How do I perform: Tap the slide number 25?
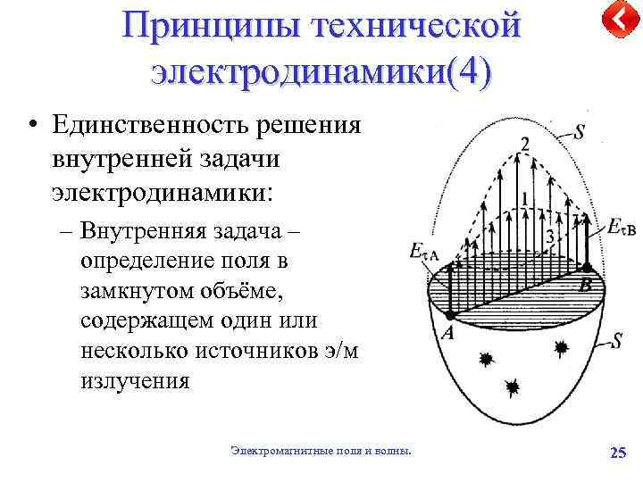point(617,453)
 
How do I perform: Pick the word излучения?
point(135,381)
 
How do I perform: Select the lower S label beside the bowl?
point(616,340)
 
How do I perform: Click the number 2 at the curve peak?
point(524,145)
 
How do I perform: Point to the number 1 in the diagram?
point(524,195)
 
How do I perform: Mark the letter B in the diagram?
point(586,286)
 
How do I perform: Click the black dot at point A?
point(451,315)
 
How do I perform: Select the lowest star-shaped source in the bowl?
point(513,386)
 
